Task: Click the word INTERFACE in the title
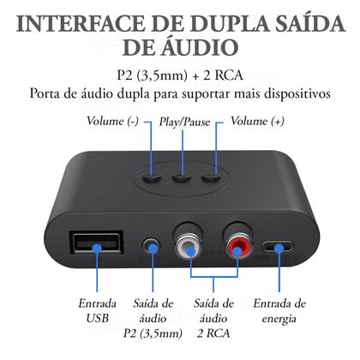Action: [82, 23]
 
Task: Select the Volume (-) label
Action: [113, 122]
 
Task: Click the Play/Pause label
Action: [180, 122]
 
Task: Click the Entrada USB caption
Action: [98, 309]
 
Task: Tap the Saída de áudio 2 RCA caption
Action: [214, 317]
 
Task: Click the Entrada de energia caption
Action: [280, 309]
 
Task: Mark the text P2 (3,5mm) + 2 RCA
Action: [180, 74]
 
